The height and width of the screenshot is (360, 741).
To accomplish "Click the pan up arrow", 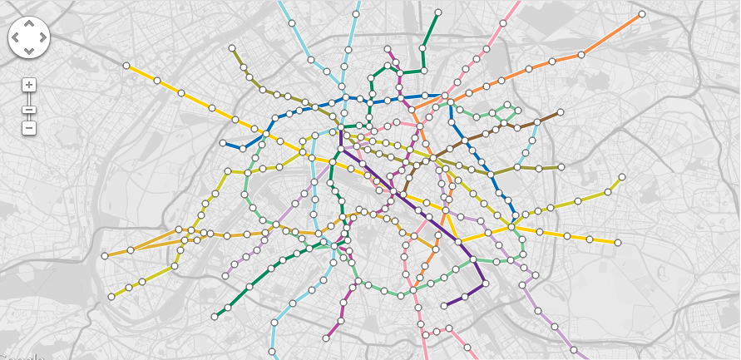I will click(x=29, y=24).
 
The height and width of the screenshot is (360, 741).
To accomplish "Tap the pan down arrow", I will click(x=29, y=51).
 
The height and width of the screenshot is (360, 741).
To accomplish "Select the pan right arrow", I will click(x=42, y=37).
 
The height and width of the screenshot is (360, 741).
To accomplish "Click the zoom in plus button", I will click(x=29, y=85).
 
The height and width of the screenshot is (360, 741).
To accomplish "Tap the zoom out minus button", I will click(x=29, y=128).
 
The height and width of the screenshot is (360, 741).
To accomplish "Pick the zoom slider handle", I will click(x=29, y=109).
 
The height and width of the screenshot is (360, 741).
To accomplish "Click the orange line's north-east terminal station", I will click(x=642, y=14).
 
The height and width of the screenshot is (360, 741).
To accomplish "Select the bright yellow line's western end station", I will click(x=126, y=66).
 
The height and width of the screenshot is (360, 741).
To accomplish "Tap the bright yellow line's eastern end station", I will click(x=618, y=243).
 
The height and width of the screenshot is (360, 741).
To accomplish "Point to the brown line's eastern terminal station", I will click(x=561, y=112).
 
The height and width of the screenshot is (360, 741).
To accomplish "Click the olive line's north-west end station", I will click(x=232, y=47).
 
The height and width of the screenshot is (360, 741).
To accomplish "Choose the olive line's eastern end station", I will click(x=561, y=167).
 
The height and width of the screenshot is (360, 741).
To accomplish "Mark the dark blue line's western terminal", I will click(x=223, y=143).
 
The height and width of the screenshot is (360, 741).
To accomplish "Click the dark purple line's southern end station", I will click(x=446, y=303).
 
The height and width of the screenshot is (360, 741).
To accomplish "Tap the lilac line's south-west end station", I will click(x=225, y=275).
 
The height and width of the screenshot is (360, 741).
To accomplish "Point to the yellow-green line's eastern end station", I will click(x=621, y=177).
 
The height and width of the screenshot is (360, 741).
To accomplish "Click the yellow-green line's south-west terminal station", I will click(x=111, y=296).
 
